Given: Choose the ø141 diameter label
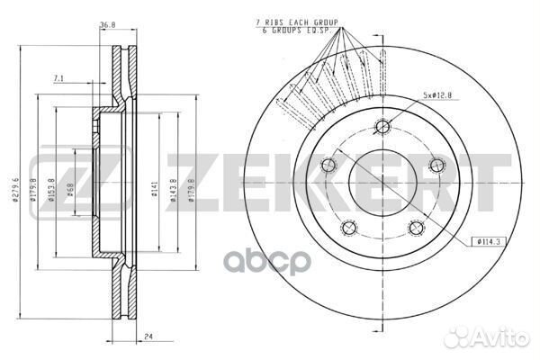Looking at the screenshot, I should pos(156,188).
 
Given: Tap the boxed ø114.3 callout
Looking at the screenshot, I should pos(487,242).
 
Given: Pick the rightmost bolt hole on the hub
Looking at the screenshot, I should pos(437,164).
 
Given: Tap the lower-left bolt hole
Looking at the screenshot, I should pos(348,228).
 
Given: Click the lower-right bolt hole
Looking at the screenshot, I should pos(416,228).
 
